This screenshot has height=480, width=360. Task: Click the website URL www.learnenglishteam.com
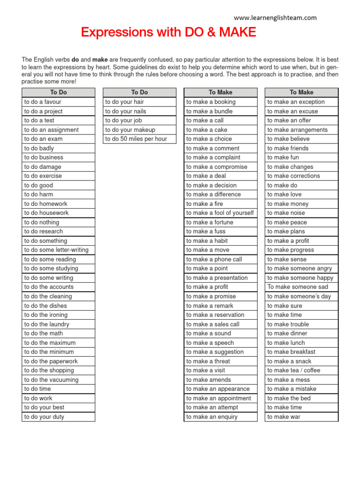(275, 18)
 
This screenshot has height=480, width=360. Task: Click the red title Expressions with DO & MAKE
(168, 32)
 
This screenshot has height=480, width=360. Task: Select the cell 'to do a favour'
(58, 102)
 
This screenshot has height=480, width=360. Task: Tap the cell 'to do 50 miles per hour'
(139, 139)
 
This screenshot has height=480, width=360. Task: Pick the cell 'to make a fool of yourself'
(220, 213)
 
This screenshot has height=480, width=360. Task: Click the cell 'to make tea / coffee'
(301, 370)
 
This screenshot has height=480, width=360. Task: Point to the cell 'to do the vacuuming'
(58, 380)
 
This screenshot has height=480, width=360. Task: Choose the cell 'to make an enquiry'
(220, 417)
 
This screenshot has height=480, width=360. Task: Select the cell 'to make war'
(301, 417)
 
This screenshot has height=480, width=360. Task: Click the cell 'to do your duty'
(58, 417)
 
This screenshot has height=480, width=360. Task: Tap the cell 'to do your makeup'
(139, 130)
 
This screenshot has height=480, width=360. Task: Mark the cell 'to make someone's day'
(301, 296)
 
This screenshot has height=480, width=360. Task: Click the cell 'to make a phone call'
(220, 259)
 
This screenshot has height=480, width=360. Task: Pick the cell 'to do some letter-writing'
(58, 250)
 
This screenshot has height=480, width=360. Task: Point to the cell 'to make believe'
(301, 139)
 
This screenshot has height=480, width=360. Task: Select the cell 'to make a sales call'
(220, 324)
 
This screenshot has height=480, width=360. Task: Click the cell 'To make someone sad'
(301, 287)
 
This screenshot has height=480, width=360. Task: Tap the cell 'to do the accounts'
(58, 287)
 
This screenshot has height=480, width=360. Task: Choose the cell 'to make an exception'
(301, 102)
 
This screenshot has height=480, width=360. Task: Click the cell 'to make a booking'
(220, 102)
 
